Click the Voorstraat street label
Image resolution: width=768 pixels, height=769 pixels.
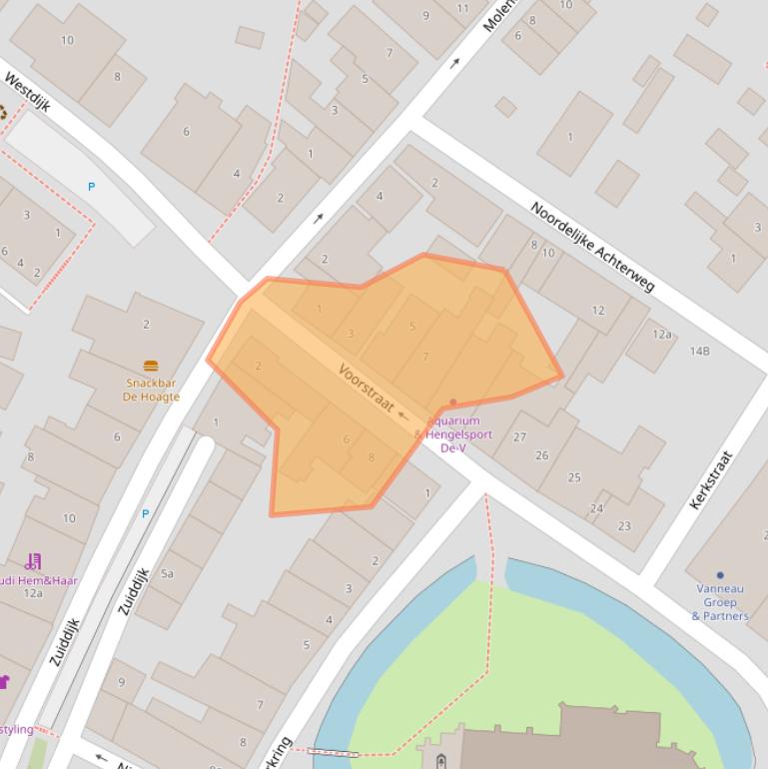[367, 386]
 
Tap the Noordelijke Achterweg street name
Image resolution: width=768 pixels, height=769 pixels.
[591, 247]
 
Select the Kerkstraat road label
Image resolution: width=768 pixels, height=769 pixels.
[711, 480]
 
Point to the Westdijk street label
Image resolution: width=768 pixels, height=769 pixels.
[27, 92]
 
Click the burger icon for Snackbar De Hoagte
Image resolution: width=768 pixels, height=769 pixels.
[151, 367]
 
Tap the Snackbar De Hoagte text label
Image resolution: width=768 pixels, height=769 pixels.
[152, 389]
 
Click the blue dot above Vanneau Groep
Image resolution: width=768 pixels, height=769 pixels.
[719, 575]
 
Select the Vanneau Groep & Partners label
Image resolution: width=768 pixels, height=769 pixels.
[719, 602]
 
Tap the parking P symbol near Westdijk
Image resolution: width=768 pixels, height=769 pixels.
[92, 187]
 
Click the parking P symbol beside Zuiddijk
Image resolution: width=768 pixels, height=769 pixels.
[145, 514]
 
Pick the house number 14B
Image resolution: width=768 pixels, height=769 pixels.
[699, 351]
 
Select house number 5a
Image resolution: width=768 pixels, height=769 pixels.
[167, 573]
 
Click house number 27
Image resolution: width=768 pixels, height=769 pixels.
[519, 436]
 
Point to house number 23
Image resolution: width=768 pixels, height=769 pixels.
[624, 526]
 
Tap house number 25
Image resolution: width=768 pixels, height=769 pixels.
[574, 477]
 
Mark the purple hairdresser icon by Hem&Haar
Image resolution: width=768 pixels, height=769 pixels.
[33, 561]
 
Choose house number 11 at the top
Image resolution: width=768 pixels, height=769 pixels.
[462, 8]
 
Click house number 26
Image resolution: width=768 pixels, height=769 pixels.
[542, 455]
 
